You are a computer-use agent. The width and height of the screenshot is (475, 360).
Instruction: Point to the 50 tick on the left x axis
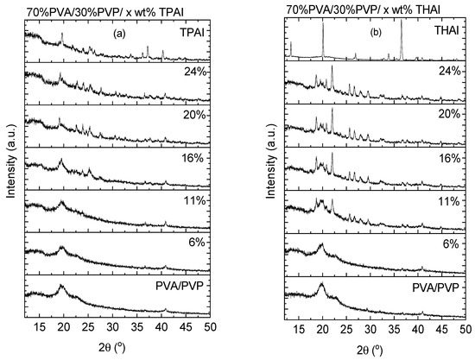210,330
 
